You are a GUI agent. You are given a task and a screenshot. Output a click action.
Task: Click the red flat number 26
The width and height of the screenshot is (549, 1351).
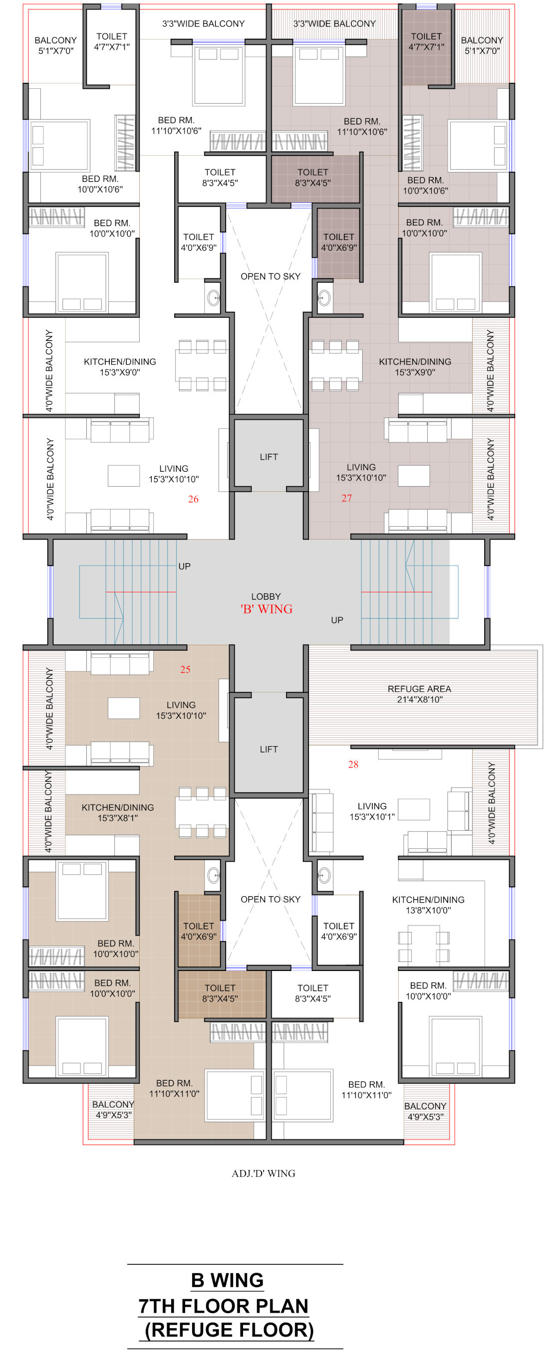pos(193,499)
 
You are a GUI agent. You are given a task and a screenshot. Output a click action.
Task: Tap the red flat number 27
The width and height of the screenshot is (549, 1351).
pos(346,498)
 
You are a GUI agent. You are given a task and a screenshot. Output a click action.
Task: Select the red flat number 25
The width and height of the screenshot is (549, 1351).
pos(185,670)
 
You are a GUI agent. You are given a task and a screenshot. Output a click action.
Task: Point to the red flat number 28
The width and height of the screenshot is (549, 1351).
pos(353,765)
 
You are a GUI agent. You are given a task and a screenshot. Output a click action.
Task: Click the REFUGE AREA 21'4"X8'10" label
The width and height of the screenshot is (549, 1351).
pos(419,694)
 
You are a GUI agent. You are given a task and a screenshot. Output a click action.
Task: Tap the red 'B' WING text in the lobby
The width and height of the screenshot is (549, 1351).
pos(266,609)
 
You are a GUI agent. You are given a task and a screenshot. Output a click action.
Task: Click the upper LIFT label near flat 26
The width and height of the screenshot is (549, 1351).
pos(269,457)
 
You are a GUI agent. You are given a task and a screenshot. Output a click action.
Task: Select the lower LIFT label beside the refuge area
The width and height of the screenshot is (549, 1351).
pos(269,750)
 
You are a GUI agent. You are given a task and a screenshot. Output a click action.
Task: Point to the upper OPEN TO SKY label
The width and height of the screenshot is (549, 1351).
pos(271,276)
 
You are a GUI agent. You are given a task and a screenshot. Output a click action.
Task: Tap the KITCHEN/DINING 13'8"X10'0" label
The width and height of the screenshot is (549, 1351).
pos(428,905)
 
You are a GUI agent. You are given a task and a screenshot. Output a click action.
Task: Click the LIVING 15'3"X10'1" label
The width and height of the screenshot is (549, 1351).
pos(372,811)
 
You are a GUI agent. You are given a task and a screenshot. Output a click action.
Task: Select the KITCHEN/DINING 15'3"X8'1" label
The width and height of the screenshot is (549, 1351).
pos(118,812)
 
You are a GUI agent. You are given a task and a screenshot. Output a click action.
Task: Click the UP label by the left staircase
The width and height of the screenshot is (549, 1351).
pos(184,567)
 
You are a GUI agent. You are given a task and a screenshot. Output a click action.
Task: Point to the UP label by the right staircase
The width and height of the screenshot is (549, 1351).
pos(337,620)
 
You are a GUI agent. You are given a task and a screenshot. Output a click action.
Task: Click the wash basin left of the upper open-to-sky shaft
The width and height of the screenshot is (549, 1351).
pos(213,297)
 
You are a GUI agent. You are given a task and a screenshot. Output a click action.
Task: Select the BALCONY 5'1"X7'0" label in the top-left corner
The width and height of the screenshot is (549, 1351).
pos(55,45)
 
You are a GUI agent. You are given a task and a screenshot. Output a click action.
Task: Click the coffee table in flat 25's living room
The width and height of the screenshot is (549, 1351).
pos(124,708)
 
